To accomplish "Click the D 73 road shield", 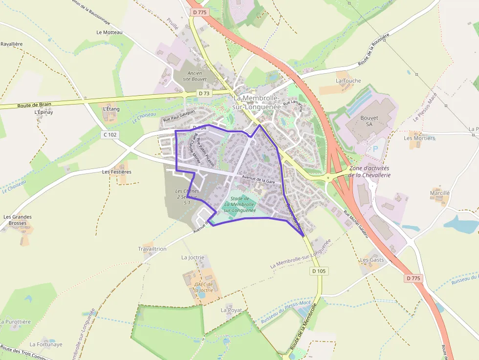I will click(204, 93).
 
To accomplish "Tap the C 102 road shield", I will click(111, 134).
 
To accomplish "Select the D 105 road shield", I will click(319, 271).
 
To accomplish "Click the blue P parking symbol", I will click(375, 148).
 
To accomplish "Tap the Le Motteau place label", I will click(109, 32).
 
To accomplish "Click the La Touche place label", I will click(348, 81).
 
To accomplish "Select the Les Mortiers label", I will click(419, 138).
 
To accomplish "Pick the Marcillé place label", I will click(439, 193).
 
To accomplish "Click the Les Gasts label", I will click(372, 260).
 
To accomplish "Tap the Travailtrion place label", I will click(152, 249).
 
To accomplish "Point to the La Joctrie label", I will click(193, 257).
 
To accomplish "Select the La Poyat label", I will click(231, 310).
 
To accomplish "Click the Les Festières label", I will click(117, 172).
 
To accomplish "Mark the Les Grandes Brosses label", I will click(18, 220).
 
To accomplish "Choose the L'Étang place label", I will click(111, 109).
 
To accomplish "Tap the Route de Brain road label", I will click(34, 105).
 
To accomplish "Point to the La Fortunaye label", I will click(46, 344).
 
